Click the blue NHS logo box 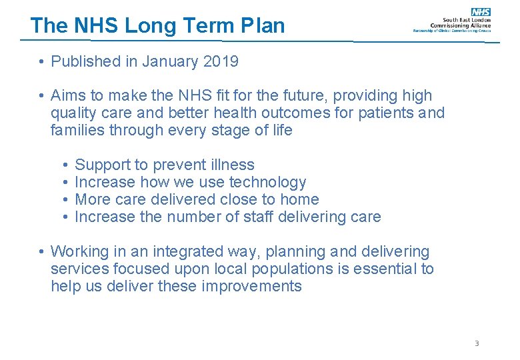point(481,12)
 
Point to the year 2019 point(221,62)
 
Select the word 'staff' point(261,217)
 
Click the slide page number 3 point(477,343)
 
